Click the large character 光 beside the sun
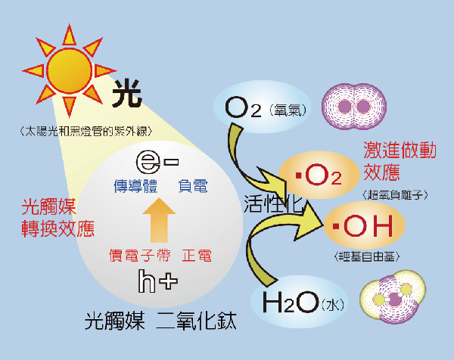coord(127,98)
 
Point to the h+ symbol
coord(157,281)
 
